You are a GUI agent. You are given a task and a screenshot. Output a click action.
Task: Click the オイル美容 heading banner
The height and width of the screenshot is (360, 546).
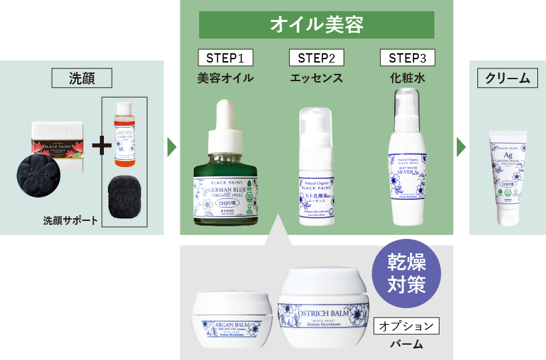tap(316, 25)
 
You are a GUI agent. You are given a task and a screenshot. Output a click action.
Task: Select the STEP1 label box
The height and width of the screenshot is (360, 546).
tap(225, 58)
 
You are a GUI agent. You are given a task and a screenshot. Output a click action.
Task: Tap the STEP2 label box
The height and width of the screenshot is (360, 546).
tap(316, 58)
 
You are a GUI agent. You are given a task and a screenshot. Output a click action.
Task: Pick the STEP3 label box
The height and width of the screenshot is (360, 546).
tap(407, 58)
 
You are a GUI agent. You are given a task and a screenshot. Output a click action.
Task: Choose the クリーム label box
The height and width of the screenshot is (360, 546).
tap(507, 78)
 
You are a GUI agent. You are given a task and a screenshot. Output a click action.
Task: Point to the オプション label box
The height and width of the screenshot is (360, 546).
tap(407, 326)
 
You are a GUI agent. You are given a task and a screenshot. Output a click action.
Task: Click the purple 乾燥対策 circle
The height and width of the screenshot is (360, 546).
tap(406, 273)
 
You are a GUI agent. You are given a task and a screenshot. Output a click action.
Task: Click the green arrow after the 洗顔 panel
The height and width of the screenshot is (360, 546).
tap(171, 147)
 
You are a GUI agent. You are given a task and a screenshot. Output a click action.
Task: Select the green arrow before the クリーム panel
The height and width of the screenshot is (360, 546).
tap(461, 147)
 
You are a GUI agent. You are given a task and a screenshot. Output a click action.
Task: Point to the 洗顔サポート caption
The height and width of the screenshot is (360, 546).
tap(71, 220)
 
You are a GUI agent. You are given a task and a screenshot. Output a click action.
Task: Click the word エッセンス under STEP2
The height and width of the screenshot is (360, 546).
tap(316, 78)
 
